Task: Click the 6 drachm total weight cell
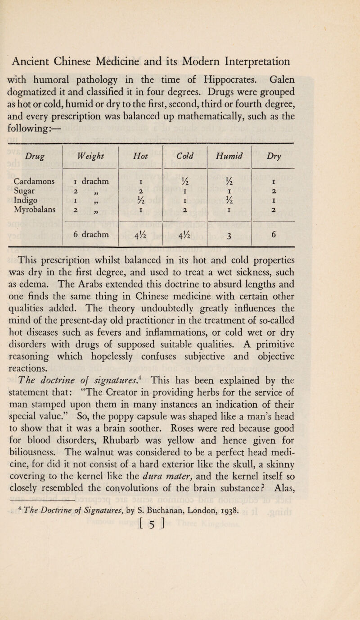90,234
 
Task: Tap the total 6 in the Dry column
274,234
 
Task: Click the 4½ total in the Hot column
140,234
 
